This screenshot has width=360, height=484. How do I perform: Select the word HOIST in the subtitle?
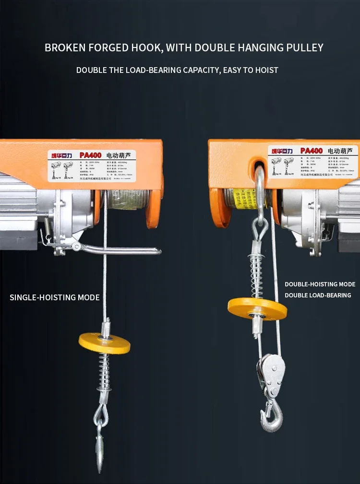[x=266, y=70]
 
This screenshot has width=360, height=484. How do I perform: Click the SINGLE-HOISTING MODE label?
[x=55, y=297]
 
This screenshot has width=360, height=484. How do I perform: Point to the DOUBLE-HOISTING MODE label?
[x=320, y=284]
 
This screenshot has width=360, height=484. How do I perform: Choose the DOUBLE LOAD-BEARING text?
[x=318, y=295]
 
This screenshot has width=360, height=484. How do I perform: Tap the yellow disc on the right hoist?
[x=257, y=308]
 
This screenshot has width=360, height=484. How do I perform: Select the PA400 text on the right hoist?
[x=311, y=151]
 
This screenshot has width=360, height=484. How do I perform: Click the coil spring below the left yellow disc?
[x=103, y=372]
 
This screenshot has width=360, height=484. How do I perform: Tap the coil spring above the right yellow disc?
[x=257, y=273]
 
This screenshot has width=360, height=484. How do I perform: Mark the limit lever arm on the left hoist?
[x=120, y=249]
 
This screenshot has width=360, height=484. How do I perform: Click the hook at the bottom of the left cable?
[x=100, y=446]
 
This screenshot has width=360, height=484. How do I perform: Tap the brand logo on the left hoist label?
[x=61, y=155]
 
